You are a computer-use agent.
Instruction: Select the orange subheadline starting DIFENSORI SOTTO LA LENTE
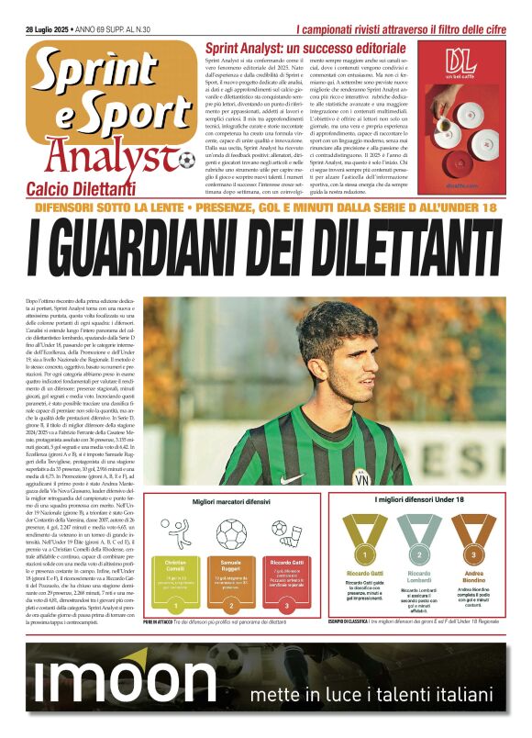pyautogui.click(x=265, y=208)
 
